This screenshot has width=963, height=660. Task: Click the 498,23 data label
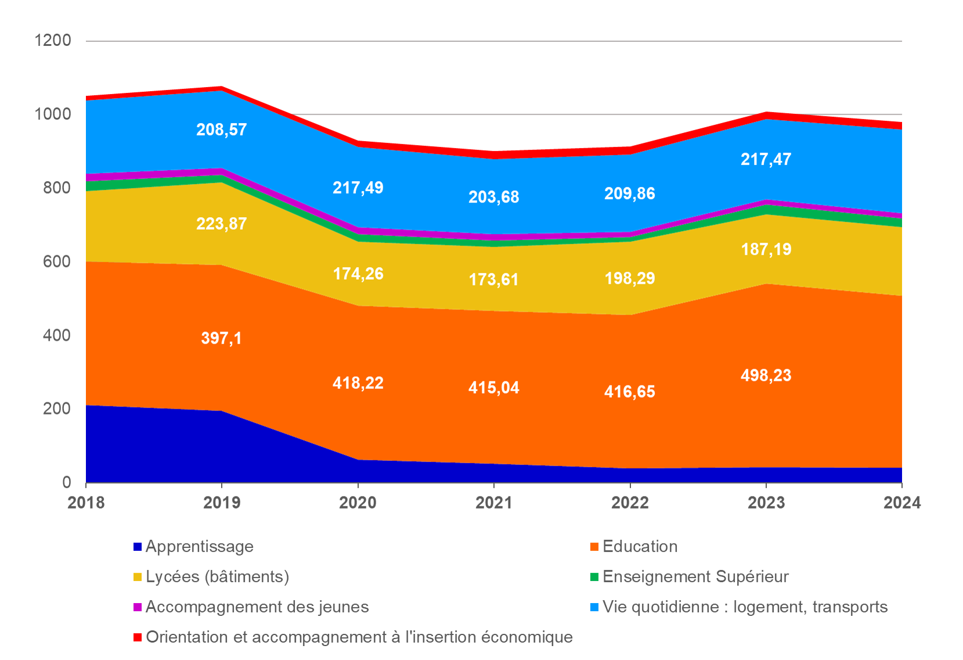[x=766, y=376]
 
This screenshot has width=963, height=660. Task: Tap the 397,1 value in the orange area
[x=221, y=338]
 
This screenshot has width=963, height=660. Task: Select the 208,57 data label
[x=221, y=129]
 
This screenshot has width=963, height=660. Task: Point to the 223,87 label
[x=221, y=223]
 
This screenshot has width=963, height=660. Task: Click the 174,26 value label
[x=358, y=273]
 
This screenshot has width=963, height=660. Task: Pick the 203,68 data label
[x=493, y=197]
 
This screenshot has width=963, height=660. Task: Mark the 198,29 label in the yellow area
[x=629, y=278]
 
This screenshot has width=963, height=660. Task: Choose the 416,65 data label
[x=629, y=392]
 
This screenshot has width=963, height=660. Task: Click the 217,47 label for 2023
[x=766, y=159]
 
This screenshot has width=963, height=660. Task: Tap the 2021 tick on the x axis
[x=493, y=502]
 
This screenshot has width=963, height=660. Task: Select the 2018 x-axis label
[x=86, y=502]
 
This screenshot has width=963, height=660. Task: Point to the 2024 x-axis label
[x=901, y=502]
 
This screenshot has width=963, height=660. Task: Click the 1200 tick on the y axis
[x=53, y=41]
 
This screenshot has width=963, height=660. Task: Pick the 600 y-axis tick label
[x=57, y=262]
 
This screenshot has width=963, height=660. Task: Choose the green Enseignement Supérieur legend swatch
[x=594, y=577]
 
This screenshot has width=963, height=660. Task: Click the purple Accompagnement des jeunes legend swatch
[x=138, y=607]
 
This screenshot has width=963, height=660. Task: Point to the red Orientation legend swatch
[x=138, y=637]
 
